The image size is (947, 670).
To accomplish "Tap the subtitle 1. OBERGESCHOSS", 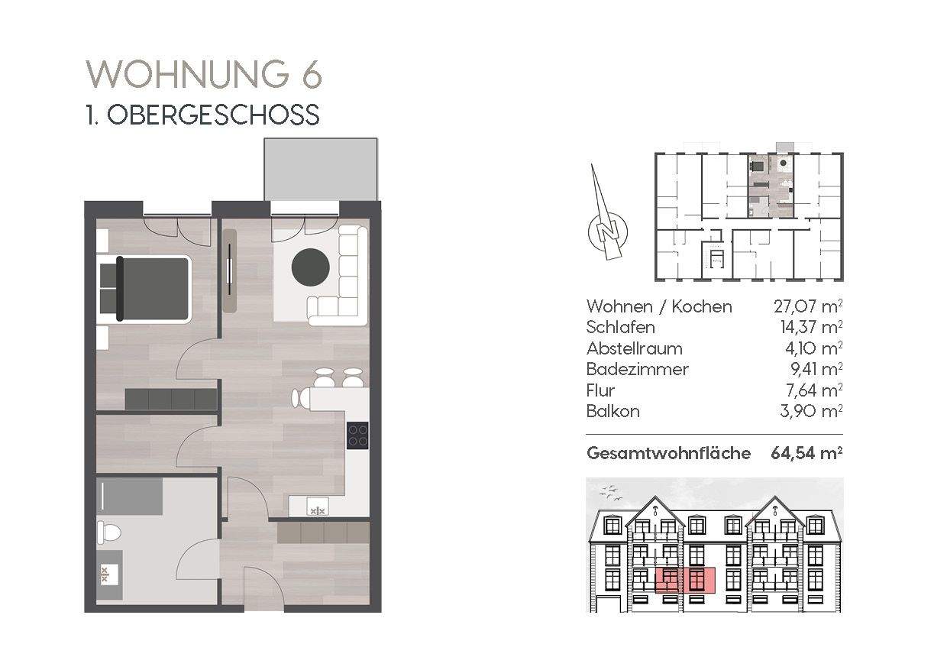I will (x=202, y=115).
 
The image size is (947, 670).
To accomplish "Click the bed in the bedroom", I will (x=150, y=288).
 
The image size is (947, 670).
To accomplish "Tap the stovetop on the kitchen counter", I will (x=358, y=435).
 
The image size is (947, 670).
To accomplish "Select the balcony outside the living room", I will (x=321, y=169).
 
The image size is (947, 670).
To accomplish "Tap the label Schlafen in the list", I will (x=621, y=327).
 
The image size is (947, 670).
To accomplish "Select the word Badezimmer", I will (x=637, y=369).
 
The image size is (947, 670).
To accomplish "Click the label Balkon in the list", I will (x=613, y=411).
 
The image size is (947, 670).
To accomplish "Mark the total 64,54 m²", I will (x=806, y=453).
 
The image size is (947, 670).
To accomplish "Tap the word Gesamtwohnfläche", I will (x=668, y=453).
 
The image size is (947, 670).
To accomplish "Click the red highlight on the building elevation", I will (x=685, y=581).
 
